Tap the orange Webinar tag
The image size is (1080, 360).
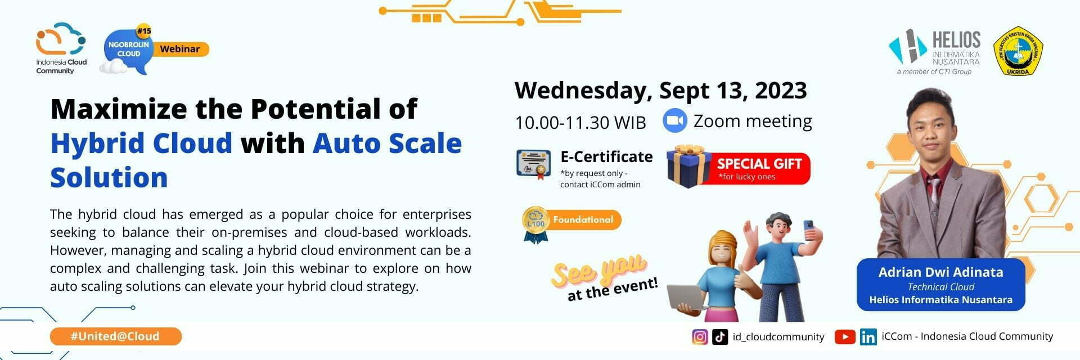[x=180, y=49]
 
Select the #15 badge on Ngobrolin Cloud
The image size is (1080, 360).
[x=144, y=31]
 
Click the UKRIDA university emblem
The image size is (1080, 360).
[x=1018, y=51]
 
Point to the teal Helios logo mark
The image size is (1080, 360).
[x=907, y=47]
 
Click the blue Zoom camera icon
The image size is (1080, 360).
[x=675, y=121]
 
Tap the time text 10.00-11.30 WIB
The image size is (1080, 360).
[x=580, y=122]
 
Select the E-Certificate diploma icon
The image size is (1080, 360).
[x=533, y=164]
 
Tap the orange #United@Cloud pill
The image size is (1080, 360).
[x=115, y=336]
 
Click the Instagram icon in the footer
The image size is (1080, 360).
[x=700, y=337]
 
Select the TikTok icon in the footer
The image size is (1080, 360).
[x=720, y=337]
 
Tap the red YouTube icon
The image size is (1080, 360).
[x=845, y=337]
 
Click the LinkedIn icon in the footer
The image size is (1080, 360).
[x=868, y=337]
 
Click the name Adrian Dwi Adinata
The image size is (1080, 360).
[x=940, y=272]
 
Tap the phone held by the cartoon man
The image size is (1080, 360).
[x=809, y=228]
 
